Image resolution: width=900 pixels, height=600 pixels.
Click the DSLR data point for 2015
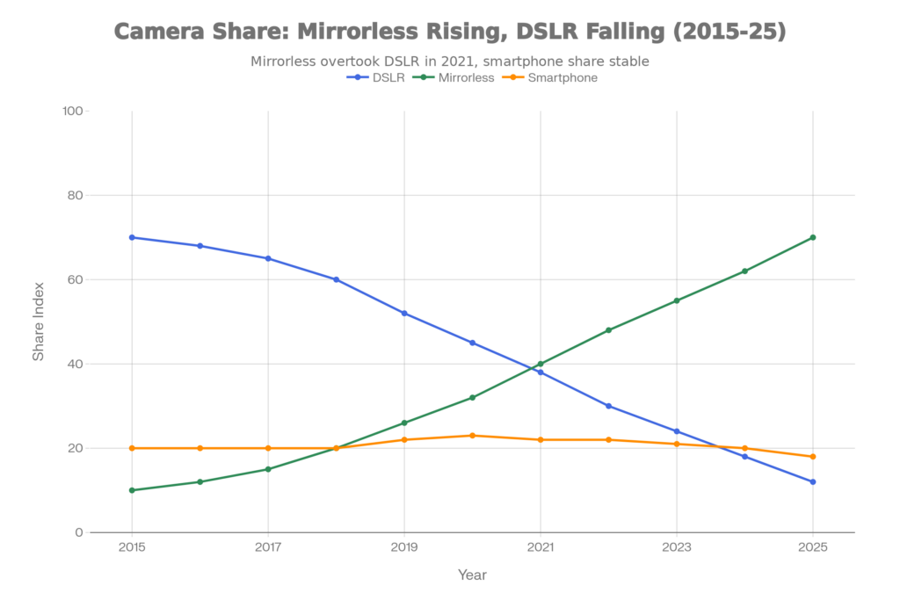(x=132, y=237)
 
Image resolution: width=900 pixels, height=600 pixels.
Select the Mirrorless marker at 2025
(x=813, y=237)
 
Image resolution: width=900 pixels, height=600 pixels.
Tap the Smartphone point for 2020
(x=472, y=436)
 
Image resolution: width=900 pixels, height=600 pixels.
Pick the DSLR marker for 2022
(x=608, y=406)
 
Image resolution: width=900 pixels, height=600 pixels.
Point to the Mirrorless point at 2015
(x=132, y=490)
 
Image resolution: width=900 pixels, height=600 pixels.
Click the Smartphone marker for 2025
(x=813, y=457)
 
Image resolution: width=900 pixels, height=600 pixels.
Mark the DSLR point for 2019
(x=404, y=313)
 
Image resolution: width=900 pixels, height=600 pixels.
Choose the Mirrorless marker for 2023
(x=677, y=300)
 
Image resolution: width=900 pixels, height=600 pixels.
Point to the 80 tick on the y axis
(x=76, y=195)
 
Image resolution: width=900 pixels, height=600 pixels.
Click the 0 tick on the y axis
(x=79, y=532)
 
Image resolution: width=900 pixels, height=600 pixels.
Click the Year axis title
(x=472, y=575)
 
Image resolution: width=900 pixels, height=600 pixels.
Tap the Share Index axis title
(x=39, y=322)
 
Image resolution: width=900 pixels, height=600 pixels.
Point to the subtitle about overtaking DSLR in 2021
(x=449, y=61)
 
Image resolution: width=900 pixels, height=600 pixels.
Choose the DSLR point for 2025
(x=813, y=481)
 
